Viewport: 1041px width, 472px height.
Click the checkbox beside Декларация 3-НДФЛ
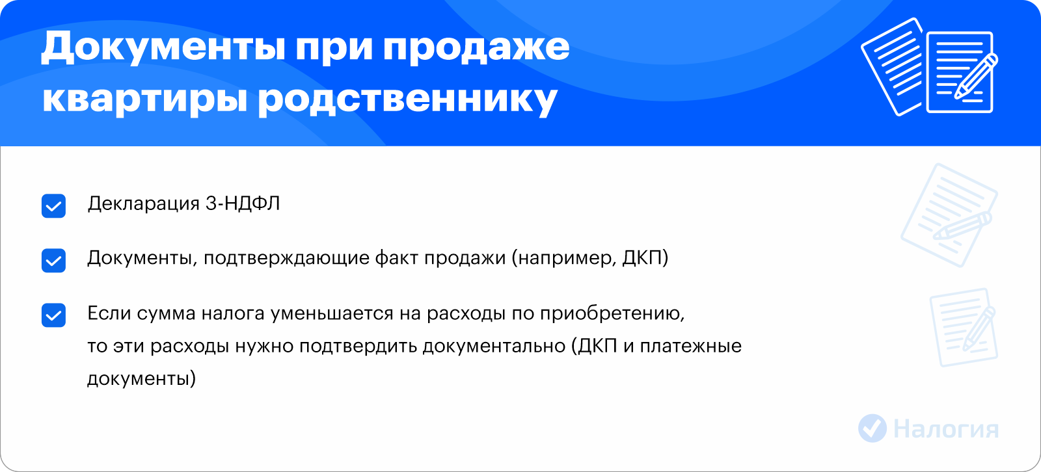(53, 206)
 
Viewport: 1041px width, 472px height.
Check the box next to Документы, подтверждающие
(53, 260)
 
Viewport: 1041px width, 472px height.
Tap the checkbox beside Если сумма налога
(53, 315)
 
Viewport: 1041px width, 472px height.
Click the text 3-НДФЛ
(243, 204)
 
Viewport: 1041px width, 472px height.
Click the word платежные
(690, 347)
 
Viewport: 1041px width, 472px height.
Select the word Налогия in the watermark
(946, 429)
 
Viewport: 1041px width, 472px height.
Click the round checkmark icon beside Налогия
(872, 428)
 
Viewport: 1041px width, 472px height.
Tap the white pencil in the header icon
(976, 77)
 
